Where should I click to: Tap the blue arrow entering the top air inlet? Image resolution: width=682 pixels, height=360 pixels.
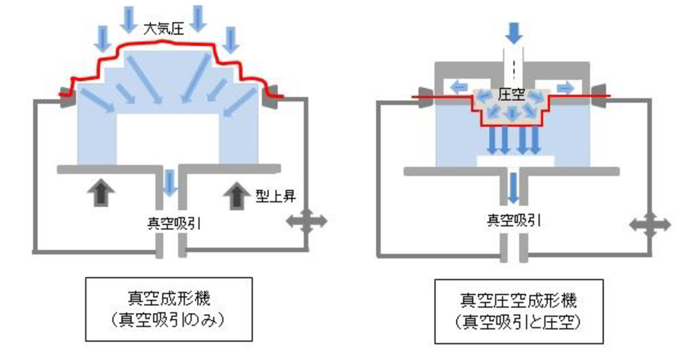click(514, 32)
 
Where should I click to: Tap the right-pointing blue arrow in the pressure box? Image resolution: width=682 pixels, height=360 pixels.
click(565, 88)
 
